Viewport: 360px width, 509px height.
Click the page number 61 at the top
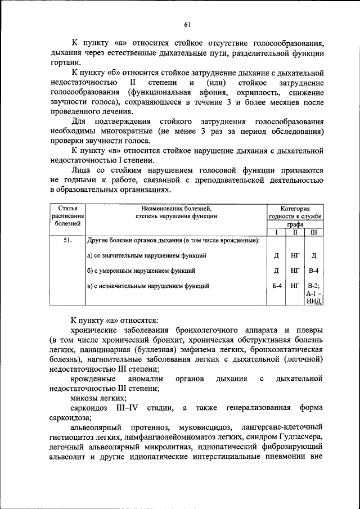click(x=187, y=23)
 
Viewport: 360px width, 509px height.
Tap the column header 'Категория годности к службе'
click(x=295, y=212)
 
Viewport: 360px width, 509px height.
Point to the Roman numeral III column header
click(x=313, y=232)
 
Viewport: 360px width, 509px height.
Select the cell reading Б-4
click(x=276, y=286)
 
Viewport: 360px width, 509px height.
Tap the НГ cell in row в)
click(x=295, y=286)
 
